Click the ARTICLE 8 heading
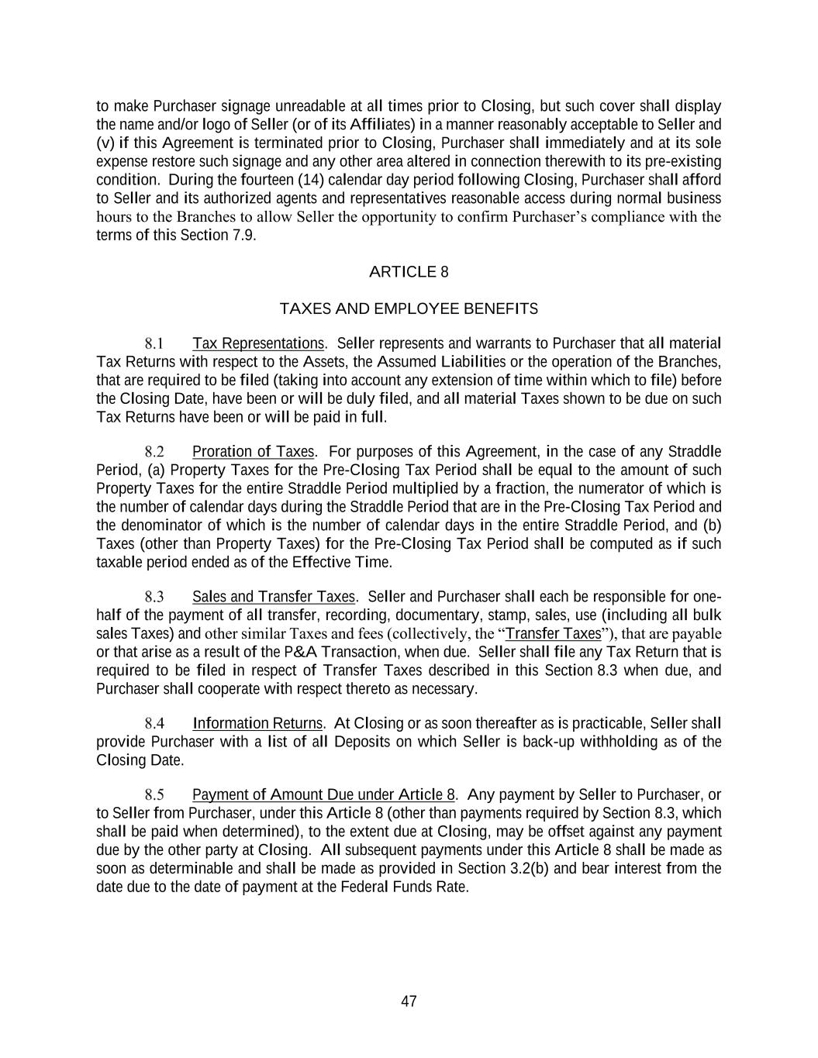(x=409, y=272)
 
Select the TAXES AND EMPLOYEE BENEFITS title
(x=409, y=309)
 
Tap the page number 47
(x=409, y=1001)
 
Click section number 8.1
(x=154, y=343)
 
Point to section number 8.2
(x=154, y=452)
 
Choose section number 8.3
(x=154, y=597)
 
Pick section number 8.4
(x=154, y=724)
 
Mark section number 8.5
(x=154, y=795)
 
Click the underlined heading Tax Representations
(x=258, y=343)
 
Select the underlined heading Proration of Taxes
(x=254, y=452)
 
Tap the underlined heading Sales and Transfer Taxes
(x=274, y=597)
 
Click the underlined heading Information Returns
(x=257, y=724)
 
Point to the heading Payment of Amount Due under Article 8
(x=323, y=795)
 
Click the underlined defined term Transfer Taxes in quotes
(x=553, y=634)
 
